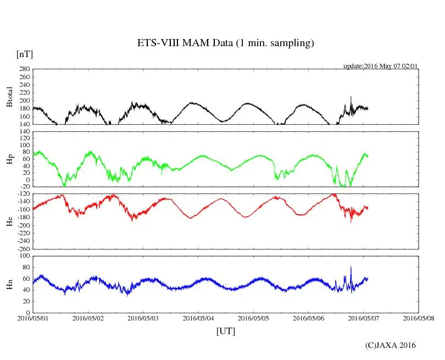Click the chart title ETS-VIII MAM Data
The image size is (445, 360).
[x=225, y=43]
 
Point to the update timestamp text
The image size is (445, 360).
[x=381, y=66]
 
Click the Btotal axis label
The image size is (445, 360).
[x=9, y=97]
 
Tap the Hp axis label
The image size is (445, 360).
[x=9, y=159]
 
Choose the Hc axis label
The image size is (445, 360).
[x=9, y=221]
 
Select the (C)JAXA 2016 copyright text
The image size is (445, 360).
[x=391, y=345]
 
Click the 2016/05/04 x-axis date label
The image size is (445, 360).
[x=198, y=318]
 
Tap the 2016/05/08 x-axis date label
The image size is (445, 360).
[x=419, y=318]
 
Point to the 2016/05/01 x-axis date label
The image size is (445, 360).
[x=33, y=318]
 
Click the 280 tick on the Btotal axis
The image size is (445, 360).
[x=24, y=69]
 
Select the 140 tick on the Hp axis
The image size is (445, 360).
[x=24, y=132]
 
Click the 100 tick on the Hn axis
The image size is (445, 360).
[x=24, y=256]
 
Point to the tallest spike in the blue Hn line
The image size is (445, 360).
[x=351, y=267]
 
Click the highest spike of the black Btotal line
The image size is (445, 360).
[x=351, y=97]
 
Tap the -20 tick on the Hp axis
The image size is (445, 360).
[x=24, y=187]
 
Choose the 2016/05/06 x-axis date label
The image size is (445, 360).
[x=309, y=318]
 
